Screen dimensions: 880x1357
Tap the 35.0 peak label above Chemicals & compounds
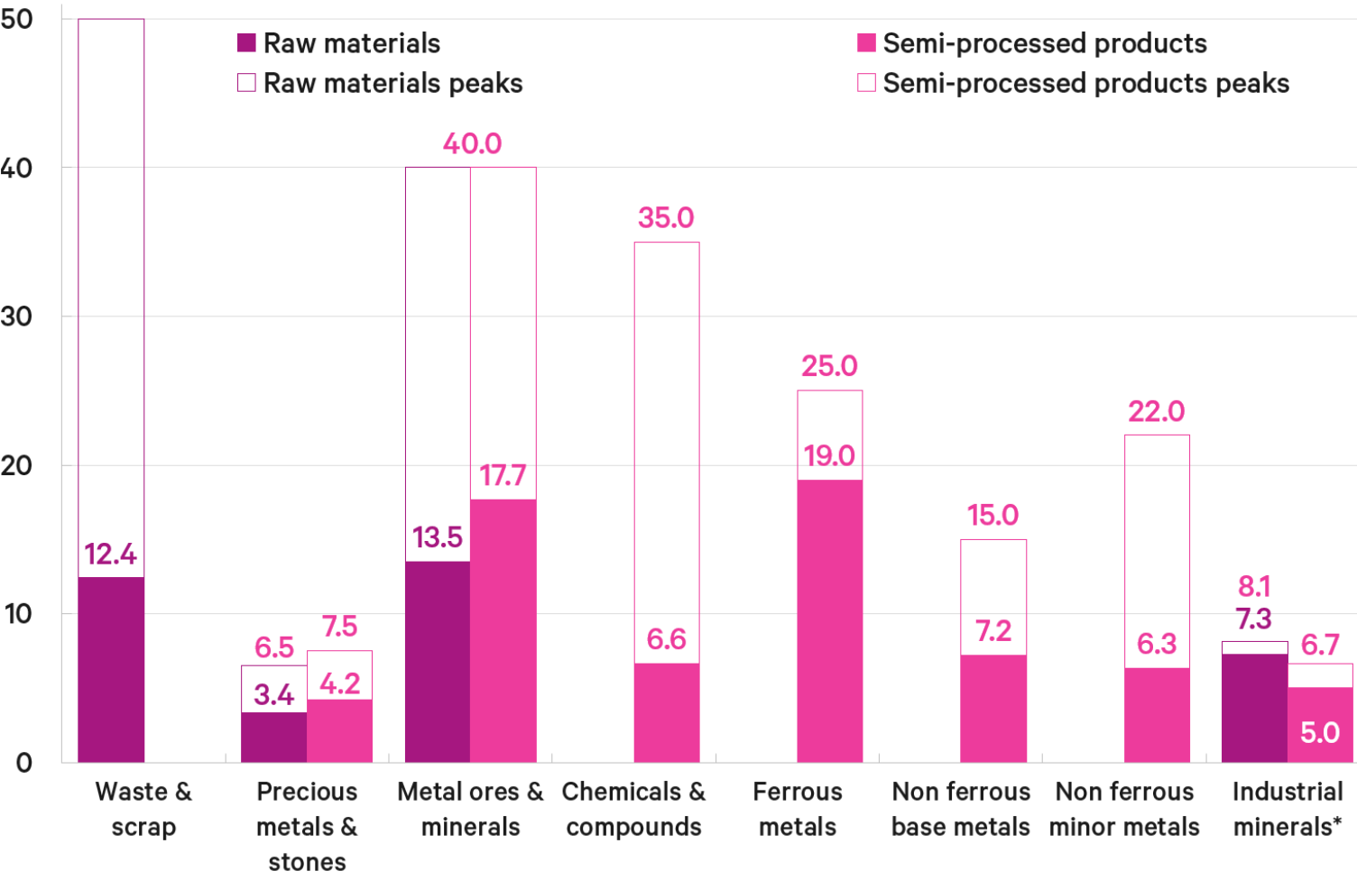(x=666, y=217)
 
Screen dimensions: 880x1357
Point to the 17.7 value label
(x=503, y=475)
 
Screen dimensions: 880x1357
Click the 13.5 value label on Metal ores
(x=438, y=537)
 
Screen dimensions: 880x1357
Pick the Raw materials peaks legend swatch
(x=246, y=83)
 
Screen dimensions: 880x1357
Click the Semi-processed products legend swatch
(x=866, y=43)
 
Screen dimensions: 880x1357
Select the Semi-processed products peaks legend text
(x=1085, y=83)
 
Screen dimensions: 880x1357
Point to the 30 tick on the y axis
(x=17, y=316)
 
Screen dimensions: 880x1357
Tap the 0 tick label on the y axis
(x=24, y=763)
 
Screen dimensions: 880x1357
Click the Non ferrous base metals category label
(x=961, y=809)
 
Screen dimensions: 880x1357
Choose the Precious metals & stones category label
(x=307, y=826)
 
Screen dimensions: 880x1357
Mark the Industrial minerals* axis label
(x=1288, y=809)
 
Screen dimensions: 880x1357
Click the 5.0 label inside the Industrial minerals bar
(x=1319, y=732)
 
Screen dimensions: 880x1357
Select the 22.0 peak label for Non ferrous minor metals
(x=1156, y=411)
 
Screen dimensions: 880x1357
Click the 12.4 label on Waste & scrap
(x=111, y=554)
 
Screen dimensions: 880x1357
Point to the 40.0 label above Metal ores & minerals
(x=472, y=143)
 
